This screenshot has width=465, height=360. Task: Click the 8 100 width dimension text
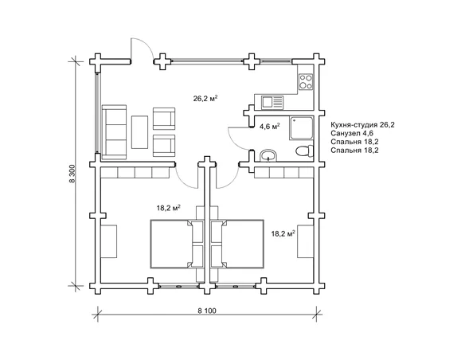207,311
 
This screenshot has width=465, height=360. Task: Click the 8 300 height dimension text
72,174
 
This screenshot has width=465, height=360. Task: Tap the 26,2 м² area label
205,98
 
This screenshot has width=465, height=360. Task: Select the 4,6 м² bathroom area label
270,127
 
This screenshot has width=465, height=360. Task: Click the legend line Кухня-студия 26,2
362,125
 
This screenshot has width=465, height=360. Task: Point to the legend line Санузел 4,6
352,134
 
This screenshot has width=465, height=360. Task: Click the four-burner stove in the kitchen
306,81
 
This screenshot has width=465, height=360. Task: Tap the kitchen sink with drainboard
272,102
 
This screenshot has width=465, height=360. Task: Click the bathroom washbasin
268,155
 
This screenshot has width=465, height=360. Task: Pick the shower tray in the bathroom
301,128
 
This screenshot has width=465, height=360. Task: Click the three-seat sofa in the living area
114,132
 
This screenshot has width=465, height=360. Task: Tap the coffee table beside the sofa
139,132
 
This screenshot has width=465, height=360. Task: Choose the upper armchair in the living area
164,119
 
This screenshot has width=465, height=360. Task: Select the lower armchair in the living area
164,146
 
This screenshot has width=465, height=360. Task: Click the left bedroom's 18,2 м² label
169,208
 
